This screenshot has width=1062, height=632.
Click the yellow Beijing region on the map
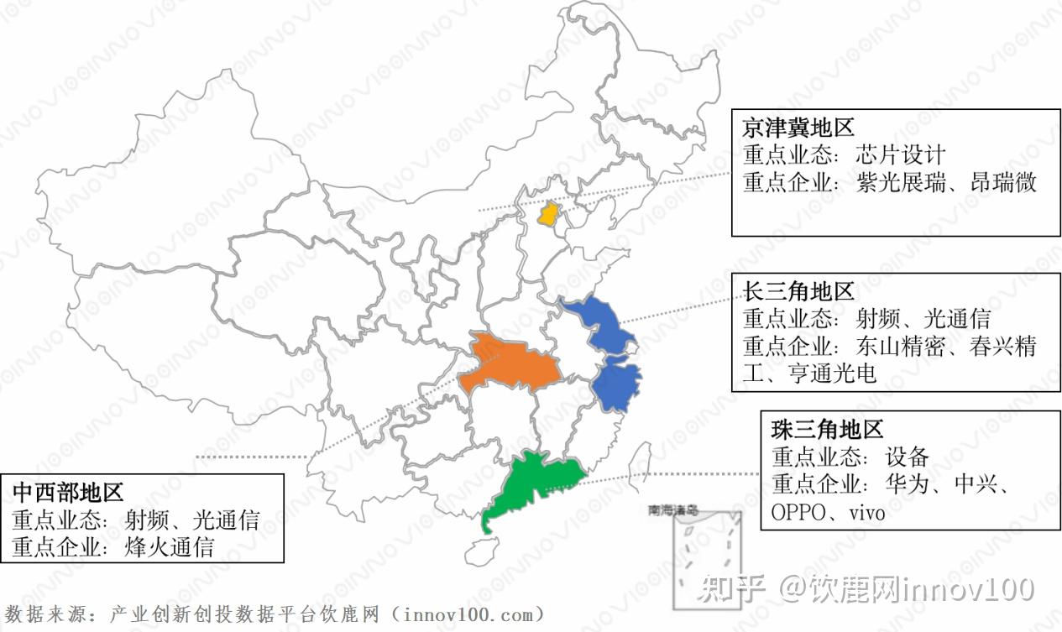549,214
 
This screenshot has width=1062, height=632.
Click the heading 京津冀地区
798,128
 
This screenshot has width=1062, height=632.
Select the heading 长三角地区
798,291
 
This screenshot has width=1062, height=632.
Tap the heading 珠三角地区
827,430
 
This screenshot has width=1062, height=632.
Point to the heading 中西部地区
68,491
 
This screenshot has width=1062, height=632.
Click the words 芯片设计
900,155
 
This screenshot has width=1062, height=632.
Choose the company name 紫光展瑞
900,182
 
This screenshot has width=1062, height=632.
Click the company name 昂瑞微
1003,182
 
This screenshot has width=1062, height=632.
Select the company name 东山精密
900,346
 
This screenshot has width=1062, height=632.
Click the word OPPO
798,512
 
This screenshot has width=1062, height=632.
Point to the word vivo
866,512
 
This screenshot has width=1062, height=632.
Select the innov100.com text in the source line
467,615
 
